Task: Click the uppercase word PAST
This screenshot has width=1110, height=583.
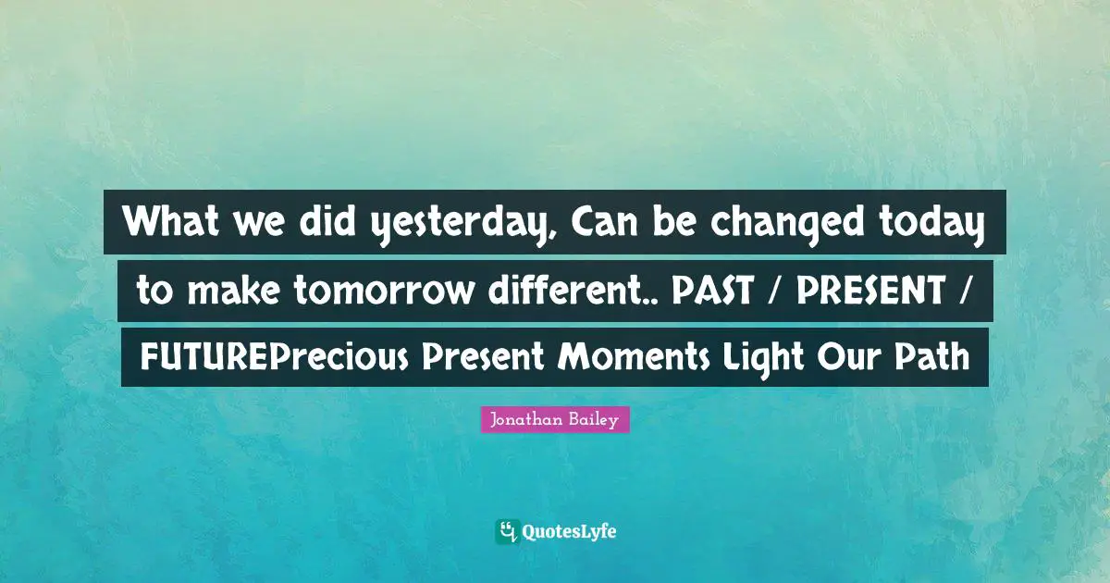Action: point(715,291)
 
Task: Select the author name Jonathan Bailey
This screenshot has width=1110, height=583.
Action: point(555,420)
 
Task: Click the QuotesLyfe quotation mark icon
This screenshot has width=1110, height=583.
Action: point(506,531)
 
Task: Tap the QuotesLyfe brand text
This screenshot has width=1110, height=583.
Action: point(570,532)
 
